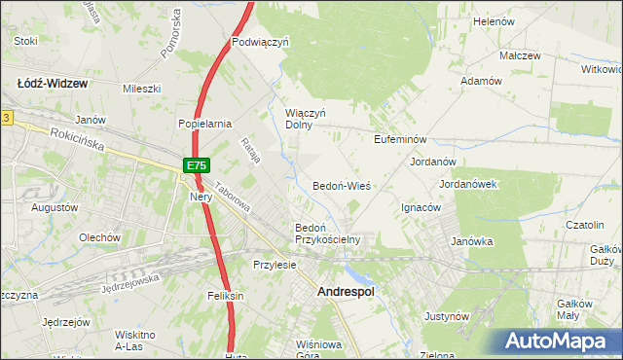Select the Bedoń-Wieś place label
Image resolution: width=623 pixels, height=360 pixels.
[341, 185]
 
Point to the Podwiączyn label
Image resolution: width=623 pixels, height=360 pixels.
[261, 43]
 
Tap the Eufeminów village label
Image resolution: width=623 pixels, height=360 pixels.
[401, 140]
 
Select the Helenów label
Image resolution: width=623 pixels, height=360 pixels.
[493, 21]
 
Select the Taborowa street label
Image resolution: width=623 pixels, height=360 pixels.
[234, 200]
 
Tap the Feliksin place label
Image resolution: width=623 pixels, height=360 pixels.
[224, 295]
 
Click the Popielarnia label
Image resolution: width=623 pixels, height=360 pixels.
[203, 124]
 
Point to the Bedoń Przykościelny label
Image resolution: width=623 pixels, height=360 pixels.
[327, 234]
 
